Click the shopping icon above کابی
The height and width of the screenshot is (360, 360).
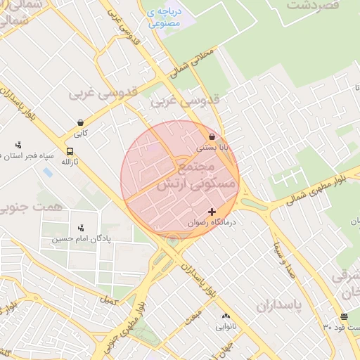click(x=81, y=122)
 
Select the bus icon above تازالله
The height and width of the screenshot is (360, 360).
click(x=70, y=151)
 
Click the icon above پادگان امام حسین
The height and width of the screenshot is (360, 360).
click(x=81, y=228)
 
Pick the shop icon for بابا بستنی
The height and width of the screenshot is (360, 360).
click(x=212, y=137)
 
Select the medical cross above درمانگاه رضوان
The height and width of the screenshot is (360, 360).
click(x=212, y=212)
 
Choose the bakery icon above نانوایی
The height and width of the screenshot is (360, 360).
click(x=226, y=316)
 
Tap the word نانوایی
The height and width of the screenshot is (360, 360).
click(x=226, y=327)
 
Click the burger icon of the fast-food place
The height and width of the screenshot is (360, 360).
click(x=344, y=316)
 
